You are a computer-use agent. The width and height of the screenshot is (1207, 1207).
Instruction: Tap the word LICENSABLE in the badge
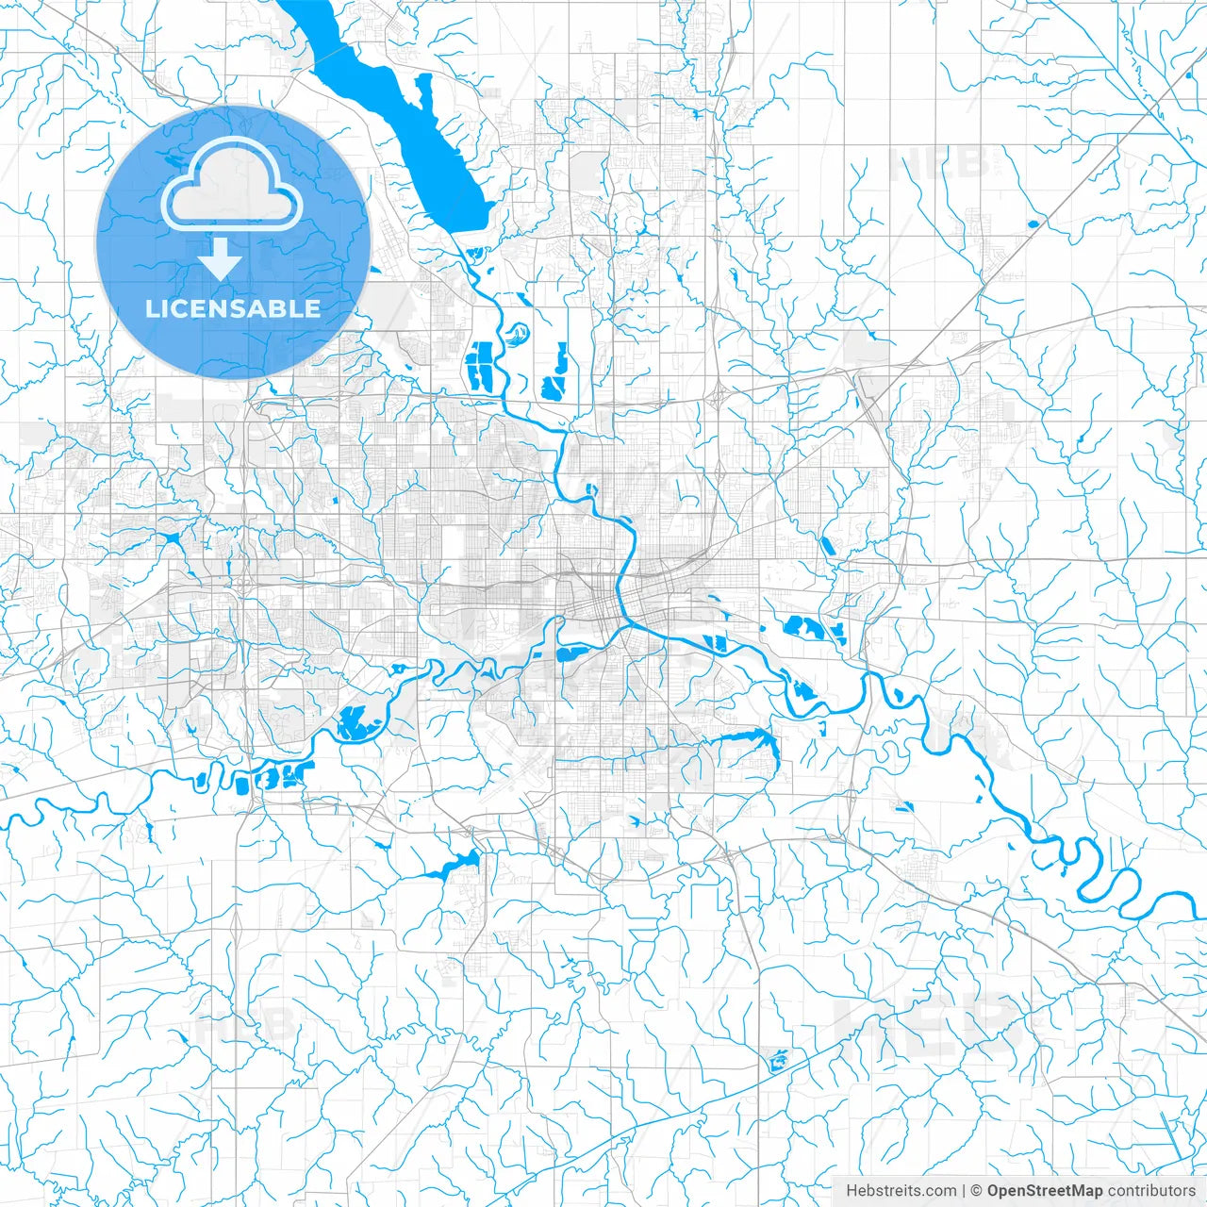[x=233, y=308]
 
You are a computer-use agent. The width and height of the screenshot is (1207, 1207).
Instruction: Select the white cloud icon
[x=232, y=185]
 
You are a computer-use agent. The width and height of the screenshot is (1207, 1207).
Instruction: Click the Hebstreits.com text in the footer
[x=901, y=1191]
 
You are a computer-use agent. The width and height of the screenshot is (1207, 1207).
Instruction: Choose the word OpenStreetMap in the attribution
[x=1045, y=1191]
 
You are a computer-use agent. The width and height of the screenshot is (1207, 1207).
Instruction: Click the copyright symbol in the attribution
[x=977, y=1191]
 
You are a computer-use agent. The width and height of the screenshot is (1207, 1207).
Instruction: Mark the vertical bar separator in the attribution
[x=964, y=1191]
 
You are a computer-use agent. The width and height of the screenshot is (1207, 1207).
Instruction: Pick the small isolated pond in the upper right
[x=1031, y=224]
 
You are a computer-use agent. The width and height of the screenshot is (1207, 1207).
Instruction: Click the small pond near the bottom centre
[x=778, y=1062]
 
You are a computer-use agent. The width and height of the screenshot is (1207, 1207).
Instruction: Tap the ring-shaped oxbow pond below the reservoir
[x=517, y=332]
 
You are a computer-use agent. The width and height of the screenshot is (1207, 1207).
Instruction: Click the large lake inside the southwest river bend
[x=356, y=721]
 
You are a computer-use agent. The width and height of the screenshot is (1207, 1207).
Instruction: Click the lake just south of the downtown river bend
[x=571, y=653]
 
